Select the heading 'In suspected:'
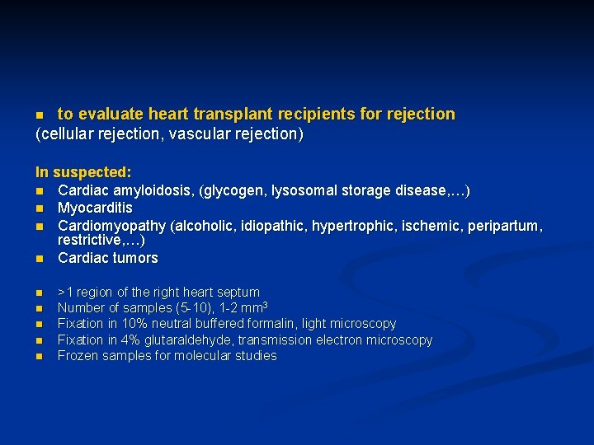point(83,173)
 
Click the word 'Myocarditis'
point(95,208)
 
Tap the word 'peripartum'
point(504,225)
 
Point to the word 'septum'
point(239,293)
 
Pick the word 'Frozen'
point(77,356)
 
